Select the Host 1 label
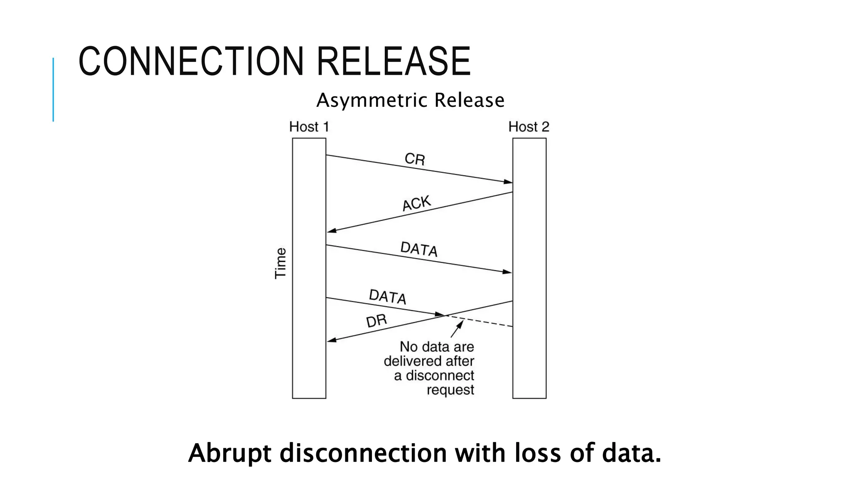tap(309, 127)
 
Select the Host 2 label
tap(529, 127)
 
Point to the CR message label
tap(415, 159)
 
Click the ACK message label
tap(416, 203)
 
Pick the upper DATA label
tap(419, 249)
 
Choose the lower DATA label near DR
tap(387, 297)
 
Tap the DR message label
tap(376, 321)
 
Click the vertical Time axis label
tap(281, 263)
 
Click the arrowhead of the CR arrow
tap(508, 182)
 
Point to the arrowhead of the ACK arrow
tap(332, 231)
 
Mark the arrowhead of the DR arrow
tap(332, 340)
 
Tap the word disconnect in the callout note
tap(440, 375)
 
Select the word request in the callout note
tap(450, 390)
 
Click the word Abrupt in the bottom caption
tap(229, 453)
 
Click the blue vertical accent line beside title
tap(53, 89)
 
